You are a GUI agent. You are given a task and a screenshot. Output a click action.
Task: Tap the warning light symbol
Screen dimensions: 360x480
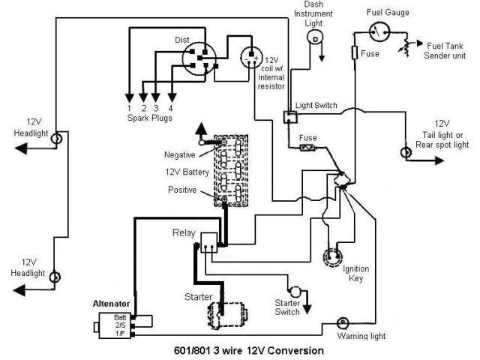click(x=343, y=322)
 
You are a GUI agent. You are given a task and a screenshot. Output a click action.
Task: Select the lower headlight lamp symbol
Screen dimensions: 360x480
click(x=54, y=277)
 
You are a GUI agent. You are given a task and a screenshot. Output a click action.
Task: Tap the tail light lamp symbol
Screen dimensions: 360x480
click(x=407, y=152)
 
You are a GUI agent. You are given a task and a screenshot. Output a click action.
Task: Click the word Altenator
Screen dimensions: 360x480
click(x=111, y=303)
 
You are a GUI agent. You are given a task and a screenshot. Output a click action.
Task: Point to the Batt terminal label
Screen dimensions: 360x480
click(x=120, y=318)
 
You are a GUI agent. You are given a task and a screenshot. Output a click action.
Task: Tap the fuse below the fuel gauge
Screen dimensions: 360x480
click(x=355, y=54)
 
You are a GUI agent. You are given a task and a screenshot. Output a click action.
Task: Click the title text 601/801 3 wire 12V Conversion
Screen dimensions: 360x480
click(x=247, y=350)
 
